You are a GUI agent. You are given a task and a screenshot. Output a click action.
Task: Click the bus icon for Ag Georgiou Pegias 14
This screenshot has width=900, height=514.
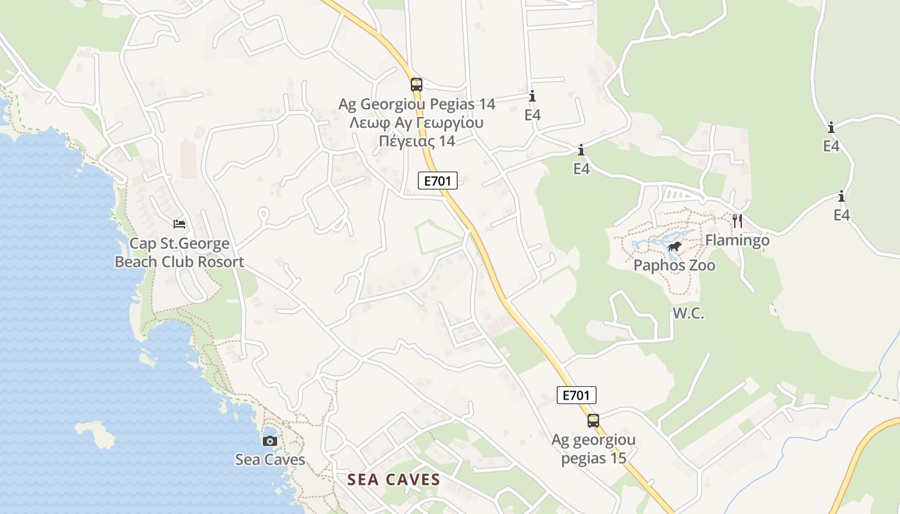click(417, 84)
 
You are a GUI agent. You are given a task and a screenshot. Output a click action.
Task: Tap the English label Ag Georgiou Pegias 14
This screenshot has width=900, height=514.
click(417, 104)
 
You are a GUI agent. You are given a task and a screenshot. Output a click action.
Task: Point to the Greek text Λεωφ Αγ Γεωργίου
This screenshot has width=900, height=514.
click(416, 123)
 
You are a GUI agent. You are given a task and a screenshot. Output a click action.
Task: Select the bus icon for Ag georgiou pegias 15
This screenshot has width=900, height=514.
click(593, 421)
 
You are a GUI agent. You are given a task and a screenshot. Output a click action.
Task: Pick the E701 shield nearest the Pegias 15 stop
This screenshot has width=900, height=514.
click(576, 395)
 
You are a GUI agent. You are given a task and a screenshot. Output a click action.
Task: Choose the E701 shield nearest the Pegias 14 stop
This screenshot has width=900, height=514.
click(438, 181)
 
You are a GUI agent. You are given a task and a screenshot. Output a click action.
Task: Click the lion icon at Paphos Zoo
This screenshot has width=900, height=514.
click(674, 247)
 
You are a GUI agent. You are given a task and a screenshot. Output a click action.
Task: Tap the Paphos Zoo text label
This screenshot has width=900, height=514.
click(674, 265)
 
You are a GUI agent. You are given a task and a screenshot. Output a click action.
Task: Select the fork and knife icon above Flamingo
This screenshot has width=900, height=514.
click(737, 221)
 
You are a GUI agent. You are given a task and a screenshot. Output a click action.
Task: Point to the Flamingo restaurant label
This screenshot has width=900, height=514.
click(737, 240)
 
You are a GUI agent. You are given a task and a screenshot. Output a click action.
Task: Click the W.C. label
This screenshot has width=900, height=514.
click(688, 314)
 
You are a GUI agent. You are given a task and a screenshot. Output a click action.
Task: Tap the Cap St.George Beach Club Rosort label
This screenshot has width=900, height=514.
click(179, 253)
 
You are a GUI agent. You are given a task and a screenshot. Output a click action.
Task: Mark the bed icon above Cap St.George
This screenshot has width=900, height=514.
click(179, 224)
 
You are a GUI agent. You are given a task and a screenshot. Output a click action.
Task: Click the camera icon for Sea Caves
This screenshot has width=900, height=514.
click(270, 441)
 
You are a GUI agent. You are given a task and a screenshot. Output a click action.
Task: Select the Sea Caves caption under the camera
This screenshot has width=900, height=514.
click(270, 460)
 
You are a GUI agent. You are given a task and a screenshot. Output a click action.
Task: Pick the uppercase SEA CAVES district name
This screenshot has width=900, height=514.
click(394, 479)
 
